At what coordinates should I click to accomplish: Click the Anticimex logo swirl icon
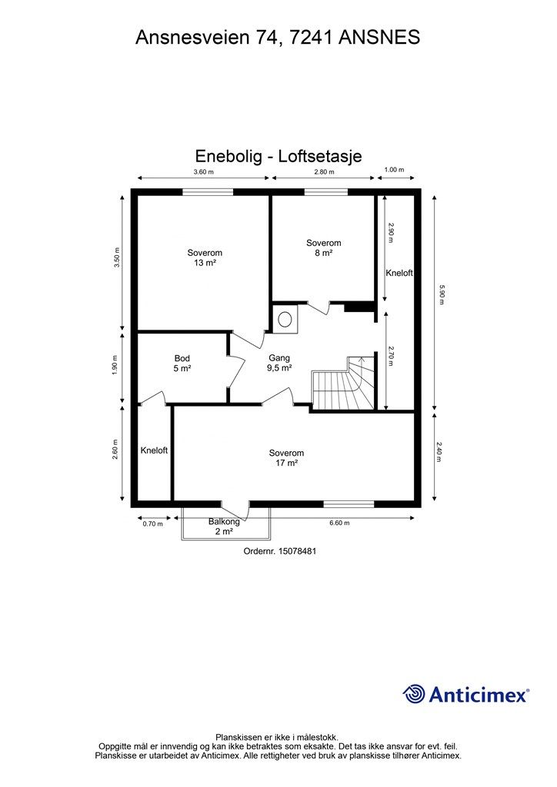pyautogui.click(x=414, y=694)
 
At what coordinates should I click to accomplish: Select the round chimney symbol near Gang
pyautogui.click(x=286, y=317)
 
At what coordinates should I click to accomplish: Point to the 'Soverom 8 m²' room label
pyautogui.click(x=323, y=248)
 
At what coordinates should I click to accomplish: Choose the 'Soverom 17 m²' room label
pyautogui.click(x=286, y=458)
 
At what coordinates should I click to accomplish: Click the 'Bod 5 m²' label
pyautogui.click(x=182, y=364)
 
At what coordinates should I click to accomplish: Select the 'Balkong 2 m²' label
pyautogui.click(x=224, y=526)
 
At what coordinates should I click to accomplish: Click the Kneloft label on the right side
pyautogui.click(x=399, y=273)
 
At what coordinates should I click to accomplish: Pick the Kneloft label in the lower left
pyautogui.click(x=154, y=450)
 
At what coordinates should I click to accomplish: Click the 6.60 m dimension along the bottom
pyautogui.click(x=339, y=523)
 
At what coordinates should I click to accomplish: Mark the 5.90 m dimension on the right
pyautogui.click(x=442, y=295)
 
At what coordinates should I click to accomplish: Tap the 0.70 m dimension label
pyautogui.click(x=154, y=523)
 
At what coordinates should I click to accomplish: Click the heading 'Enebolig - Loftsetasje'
pyautogui.click(x=278, y=156)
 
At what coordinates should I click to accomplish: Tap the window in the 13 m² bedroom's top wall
pyautogui.click(x=208, y=192)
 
